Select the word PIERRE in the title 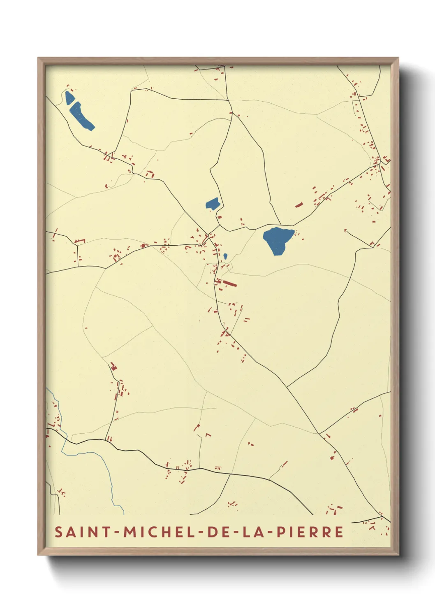pyautogui.click(x=310, y=532)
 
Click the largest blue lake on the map pyautogui.click(x=278, y=239)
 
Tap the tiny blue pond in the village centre pyautogui.click(x=225, y=256)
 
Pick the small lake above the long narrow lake pyautogui.click(x=69, y=98)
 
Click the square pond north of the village pyautogui.click(x=213, y=204)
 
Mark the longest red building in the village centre pyautogui.click(x=229, y=284)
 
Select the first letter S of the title pyautogui.click(x=59, y=532)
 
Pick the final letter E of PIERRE pyautogui.click(x=339, y=532)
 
